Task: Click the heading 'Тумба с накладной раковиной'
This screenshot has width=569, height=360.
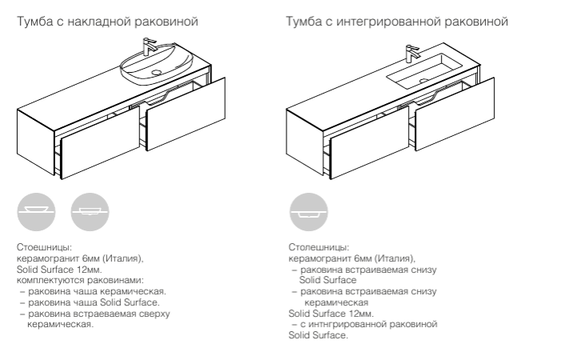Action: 107,22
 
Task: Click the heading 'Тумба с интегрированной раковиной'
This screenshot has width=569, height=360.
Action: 397,22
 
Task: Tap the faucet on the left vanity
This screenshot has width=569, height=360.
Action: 149,46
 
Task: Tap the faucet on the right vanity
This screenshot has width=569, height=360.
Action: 411,54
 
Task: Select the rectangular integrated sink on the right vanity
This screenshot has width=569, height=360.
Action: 425,71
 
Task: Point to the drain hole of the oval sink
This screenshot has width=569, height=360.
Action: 156,73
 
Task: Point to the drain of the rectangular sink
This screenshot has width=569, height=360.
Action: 424,81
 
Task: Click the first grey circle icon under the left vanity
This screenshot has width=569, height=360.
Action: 36,212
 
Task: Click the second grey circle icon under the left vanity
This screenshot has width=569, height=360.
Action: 90,212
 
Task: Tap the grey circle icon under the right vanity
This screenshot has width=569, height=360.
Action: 309,212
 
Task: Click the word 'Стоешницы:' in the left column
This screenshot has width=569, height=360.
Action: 44,247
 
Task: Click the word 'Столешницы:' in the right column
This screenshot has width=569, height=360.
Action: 319,247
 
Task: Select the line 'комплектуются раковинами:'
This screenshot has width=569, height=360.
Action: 80,281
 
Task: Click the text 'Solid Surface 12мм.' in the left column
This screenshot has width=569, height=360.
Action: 59,270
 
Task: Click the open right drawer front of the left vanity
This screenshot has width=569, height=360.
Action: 186,114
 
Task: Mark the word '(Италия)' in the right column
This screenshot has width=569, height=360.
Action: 395,258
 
